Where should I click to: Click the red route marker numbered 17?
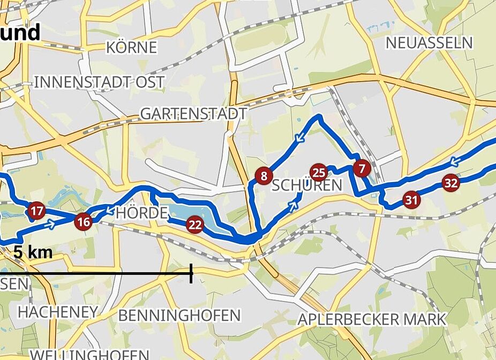[36, 211]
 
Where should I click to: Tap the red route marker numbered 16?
[84, 221]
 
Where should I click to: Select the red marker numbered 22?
[195, 225]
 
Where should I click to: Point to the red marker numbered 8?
[263, 176]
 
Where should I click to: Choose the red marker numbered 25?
[319, 172]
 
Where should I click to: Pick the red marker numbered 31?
[411, 200]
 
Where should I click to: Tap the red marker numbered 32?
[451, 183]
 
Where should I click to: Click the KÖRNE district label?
[132, 48]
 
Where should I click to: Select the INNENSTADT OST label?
[99, 82]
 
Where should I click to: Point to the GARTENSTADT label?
[193, 114]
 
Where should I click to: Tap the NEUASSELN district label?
[430, 43]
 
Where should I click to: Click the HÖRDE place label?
[141, 213]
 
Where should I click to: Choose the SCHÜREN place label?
[306, 186]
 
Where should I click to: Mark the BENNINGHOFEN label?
[179, 315]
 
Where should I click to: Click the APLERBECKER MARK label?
[372, 319]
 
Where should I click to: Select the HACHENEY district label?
[58, 311]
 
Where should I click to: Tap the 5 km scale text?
[33, 252]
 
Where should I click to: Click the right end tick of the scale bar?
[191, 274]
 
